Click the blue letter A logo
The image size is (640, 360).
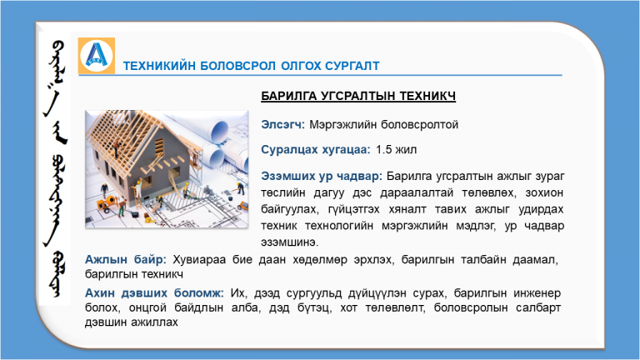click(x=97, y=56)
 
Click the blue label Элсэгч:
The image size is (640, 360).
click(x=282, y=124)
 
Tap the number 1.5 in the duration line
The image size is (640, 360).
click(x=383, y=150)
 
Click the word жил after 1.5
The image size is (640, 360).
click(x=406, y=150)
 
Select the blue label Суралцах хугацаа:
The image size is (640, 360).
click(x=316, y=150)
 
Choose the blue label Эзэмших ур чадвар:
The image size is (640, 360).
click(x=322, y=177)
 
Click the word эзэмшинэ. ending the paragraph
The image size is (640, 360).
click(x=290, y=242)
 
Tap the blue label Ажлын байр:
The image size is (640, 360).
click(x=126, y=260)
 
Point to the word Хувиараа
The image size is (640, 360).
click(x=199, y=260)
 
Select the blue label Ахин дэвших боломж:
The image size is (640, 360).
click(x=154, y=293)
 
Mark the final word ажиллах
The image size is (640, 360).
click(x=154, y=322)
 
